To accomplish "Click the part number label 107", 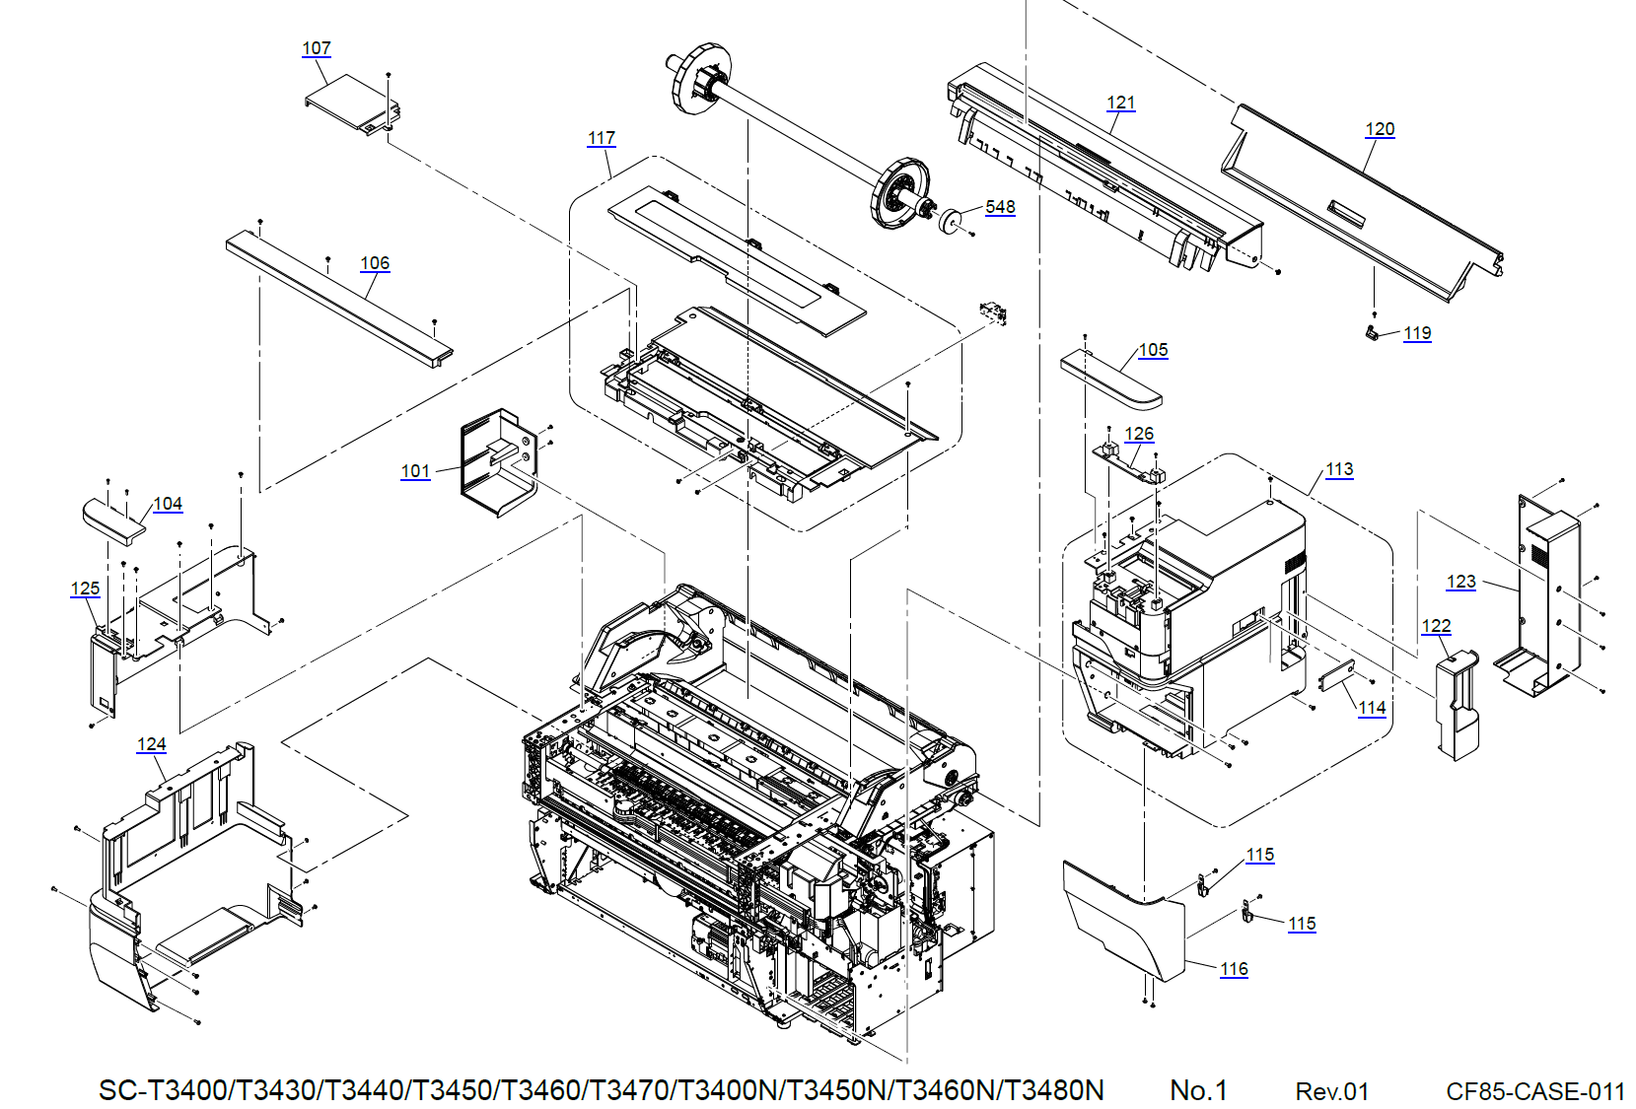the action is [317, 48].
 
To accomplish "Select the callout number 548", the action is [1000, 207].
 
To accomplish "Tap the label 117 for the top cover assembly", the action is [602, 138].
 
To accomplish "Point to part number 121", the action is [1121, 103].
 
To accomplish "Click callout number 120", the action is [1380, 129].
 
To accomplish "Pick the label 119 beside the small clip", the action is [1417, 333].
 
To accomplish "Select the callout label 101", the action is [415, 471].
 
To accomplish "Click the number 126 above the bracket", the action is [1139, 435].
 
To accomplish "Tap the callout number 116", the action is [1234, 970].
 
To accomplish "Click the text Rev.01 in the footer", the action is [1331, 1091].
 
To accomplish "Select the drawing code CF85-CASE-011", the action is [1535, 1091].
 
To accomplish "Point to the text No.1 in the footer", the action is [1198, 1090].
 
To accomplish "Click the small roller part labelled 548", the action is [951, 221].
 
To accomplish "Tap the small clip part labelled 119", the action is [1372, 333].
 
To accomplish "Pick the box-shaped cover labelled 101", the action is [498, 462].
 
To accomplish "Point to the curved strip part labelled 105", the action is [1110, 377].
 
